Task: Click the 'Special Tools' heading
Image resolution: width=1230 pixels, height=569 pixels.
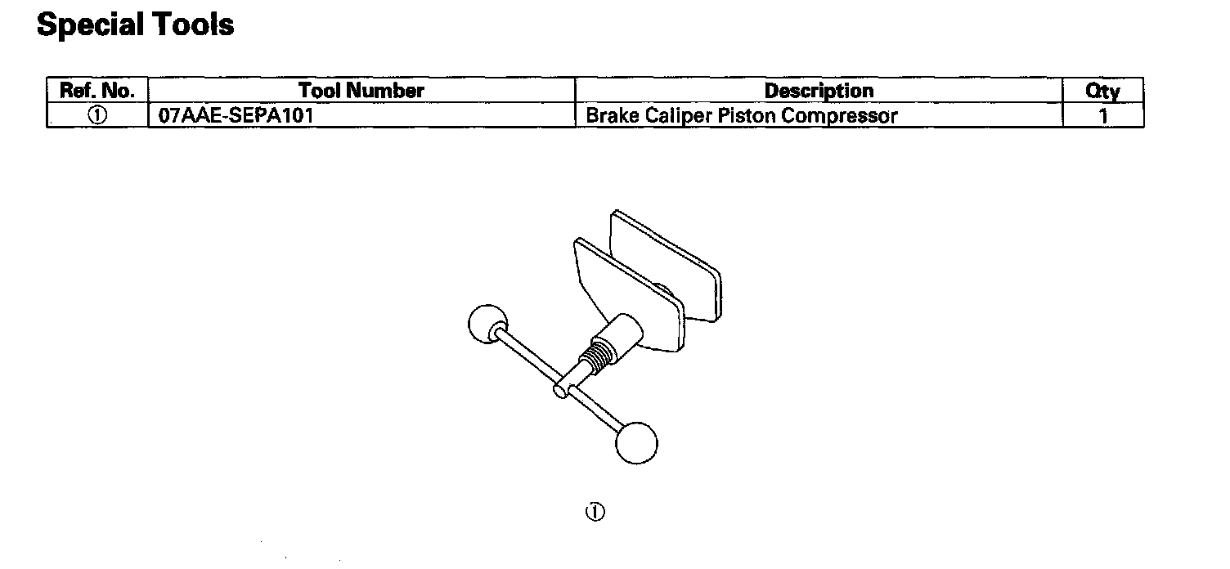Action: click(136, 25)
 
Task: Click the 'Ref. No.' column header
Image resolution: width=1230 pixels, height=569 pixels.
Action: click(97, 90)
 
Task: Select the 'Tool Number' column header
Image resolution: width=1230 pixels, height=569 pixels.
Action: click(361, 90)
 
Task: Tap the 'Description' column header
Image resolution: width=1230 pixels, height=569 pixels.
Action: click(819, 90)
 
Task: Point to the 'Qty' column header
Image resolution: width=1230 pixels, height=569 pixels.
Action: click(1102, 91)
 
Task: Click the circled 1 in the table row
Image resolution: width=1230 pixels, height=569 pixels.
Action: click(97, 115)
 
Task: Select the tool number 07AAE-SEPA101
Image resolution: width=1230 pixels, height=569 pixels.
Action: click(236, 115)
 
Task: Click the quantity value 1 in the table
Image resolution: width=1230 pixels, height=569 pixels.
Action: click(1103, 116)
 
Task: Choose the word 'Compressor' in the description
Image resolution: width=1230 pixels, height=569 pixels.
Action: click(839, 115)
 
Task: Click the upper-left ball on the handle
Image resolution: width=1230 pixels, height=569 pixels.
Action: click(487, 325)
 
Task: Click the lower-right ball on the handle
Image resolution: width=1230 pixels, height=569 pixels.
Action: click(636, 442)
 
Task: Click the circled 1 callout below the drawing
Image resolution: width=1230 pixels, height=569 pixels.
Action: click(595, 513)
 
